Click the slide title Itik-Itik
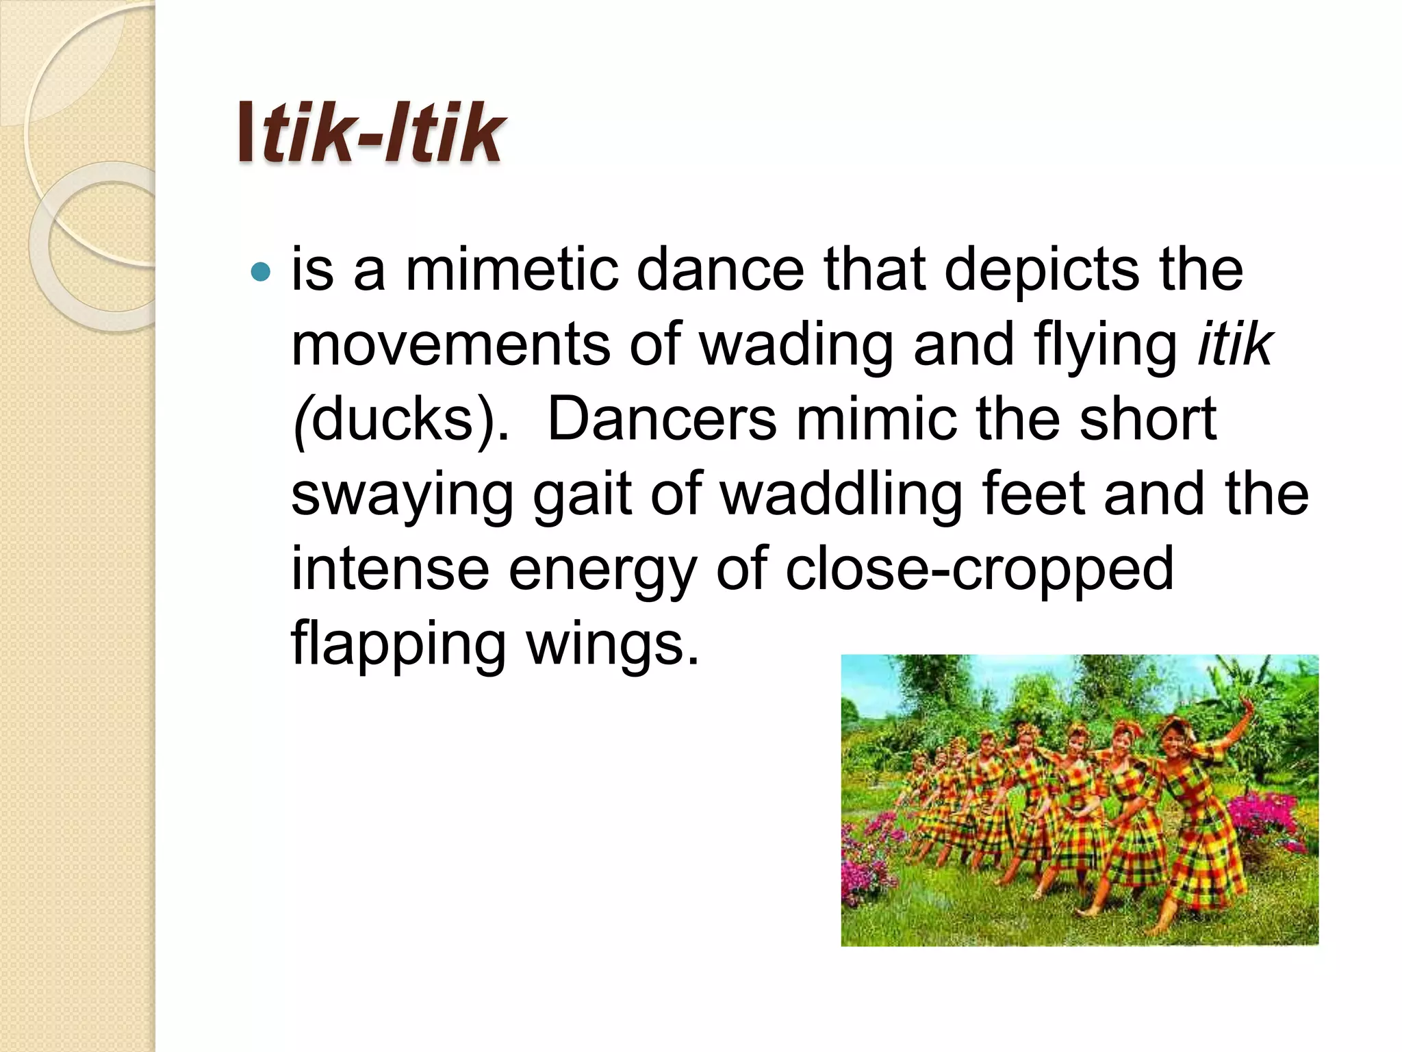(x=370, y=133)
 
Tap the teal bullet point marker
(x=261, y=273)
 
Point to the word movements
(x=450, y=344)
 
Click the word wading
(x=795, y=344)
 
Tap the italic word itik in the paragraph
(x=1234, y=344)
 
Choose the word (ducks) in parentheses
(x=400, y=418)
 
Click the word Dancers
(x=662, y=418)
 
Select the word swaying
(x=402, y=494)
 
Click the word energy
(x=602, y=570)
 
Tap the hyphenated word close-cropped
(x=979, y=570)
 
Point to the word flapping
(x=398, y=644)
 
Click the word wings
(x=613, y=644)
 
